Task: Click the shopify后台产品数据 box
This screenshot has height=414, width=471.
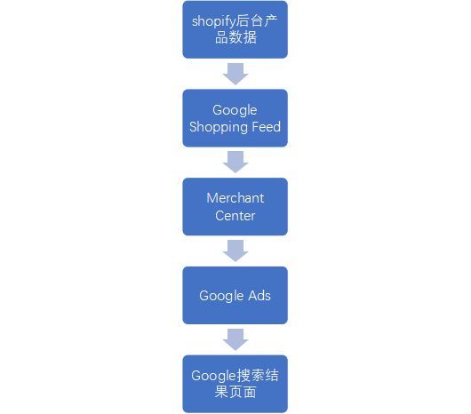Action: click(235, 29)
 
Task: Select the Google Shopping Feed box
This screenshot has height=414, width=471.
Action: click(235, 118)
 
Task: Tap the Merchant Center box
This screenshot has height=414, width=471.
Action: click(235, 206)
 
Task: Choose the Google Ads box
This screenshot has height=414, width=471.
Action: click(235, 295)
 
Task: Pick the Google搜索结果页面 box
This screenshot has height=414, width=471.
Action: click(235, 384)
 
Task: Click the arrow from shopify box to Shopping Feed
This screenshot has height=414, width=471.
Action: click(235, 74)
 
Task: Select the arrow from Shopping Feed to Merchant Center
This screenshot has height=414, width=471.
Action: click(235, 162)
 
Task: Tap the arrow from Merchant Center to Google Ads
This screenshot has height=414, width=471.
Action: click(235, 251)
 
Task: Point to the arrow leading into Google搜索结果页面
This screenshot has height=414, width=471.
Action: click(235, 339)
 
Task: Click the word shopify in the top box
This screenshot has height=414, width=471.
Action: click(213, 21)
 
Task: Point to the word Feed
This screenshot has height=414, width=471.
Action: click(266, 126)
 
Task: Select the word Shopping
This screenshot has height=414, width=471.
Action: click(219, 127)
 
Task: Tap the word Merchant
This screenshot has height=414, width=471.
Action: click(235, 198)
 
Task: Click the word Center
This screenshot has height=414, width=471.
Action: click(235, 216)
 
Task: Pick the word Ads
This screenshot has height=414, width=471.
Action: click(259, 296)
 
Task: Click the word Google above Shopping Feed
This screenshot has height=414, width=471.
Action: click(235, 110)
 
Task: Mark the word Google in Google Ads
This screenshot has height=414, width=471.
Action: click(221, 296)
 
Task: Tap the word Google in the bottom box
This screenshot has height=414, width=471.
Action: click(213, 376)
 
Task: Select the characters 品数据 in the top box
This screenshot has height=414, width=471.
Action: click(235, 38)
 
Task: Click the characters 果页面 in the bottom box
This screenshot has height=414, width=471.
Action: click(235, 392)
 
